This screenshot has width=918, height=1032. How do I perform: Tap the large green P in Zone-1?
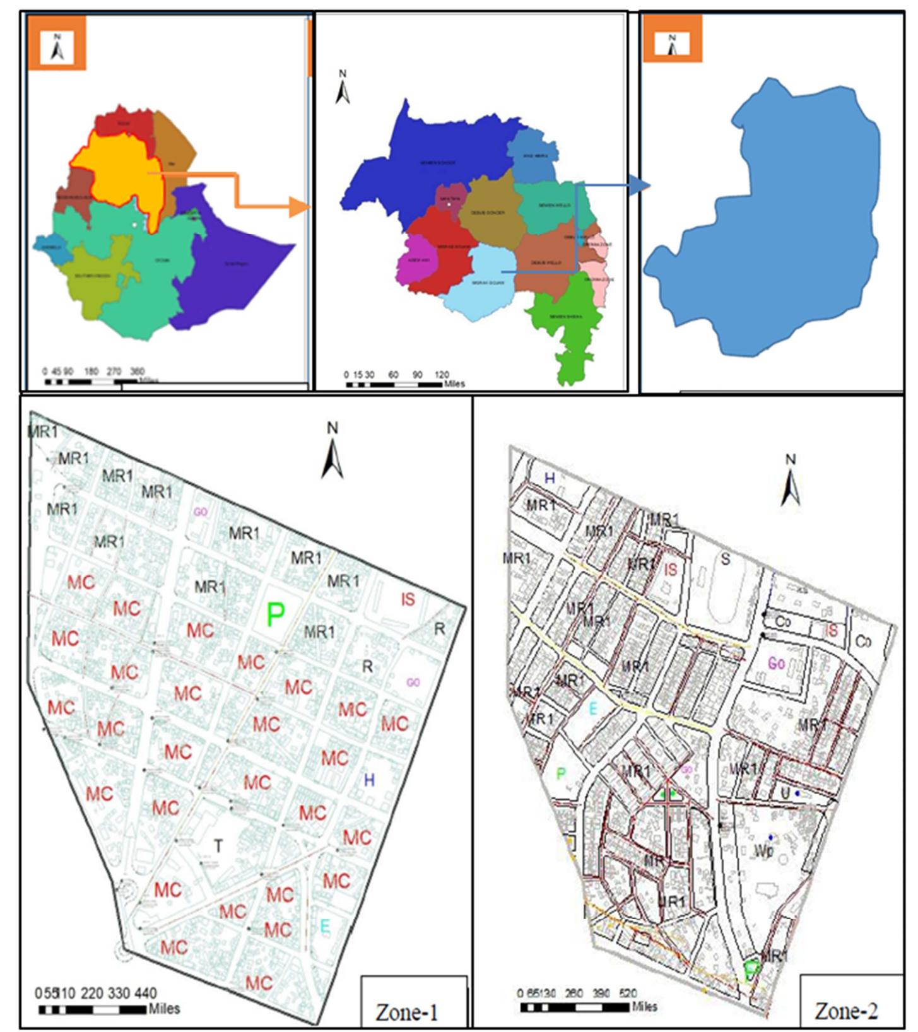[275, 614]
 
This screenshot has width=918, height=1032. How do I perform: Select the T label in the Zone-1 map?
[218, 846]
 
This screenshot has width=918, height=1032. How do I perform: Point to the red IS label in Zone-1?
[408, 599]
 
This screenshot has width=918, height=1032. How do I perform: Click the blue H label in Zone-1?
[369, 780]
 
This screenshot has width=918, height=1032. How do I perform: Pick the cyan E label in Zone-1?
[325, 926]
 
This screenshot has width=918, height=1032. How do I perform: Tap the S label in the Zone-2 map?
[725, 559]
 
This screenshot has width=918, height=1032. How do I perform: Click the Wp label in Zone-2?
[763, 851]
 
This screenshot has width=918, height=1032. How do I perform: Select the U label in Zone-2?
[785, 792]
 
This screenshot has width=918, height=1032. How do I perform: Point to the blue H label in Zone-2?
[550, 478]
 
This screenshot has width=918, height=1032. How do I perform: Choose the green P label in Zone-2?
[561, 773]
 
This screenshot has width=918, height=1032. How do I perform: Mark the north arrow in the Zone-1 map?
[332, 451]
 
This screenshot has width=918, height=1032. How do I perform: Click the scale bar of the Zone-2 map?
[574, 1006]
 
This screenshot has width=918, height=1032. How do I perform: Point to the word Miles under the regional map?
[454, 384]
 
